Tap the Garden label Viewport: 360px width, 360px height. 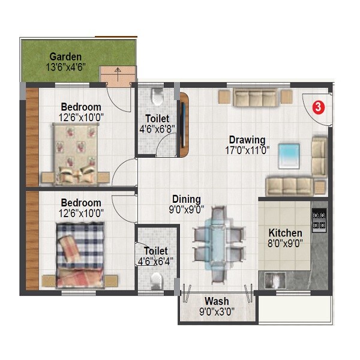pyautogui.click(x=65, y=58)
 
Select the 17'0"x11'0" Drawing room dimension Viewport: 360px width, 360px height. pyautogui.click(x=247, y=151)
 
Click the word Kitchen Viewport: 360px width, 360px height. pyautogui.click(x=285, y=233)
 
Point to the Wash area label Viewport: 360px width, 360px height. pyautogui.click(x=216, y=301)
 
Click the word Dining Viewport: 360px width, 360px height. pyautogui.click(x=186, y=199)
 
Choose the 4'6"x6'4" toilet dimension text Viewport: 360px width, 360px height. pyautogui.click(x=157, y=261)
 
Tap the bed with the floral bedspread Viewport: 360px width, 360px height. pyautogui.click(x=76, y=153)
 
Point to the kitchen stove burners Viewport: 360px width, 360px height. pyautogui.click(x=319, y=220)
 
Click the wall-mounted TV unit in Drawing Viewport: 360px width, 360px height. pyautogui.click(x=184, y=124)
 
